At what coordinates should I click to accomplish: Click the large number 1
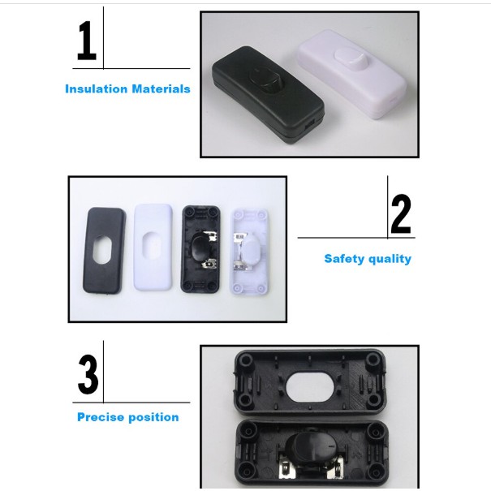(87, 41)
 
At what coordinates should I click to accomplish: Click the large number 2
(401, 214)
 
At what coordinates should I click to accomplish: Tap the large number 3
(88, 374)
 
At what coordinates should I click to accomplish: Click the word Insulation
(96, 89)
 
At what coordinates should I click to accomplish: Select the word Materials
(162, 89)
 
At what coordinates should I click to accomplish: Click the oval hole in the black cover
(101, 250)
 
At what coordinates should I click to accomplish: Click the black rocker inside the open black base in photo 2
(201, 248)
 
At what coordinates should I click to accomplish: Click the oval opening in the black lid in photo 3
(312, 386)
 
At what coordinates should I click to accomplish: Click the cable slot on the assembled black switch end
(308, 127)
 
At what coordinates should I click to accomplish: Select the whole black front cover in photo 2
(104, 251)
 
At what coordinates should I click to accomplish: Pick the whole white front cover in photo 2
(153, 247)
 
